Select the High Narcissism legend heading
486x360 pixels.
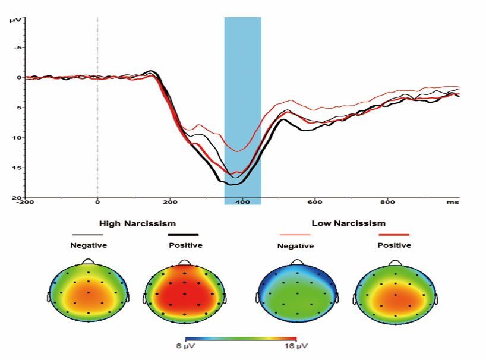point(137,224)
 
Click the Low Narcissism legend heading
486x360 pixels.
point(348,223)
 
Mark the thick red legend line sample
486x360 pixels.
point(394,235)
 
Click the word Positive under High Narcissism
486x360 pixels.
point(185,245)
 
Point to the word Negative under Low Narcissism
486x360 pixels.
point(296,246)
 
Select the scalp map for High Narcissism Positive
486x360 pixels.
point(184,292)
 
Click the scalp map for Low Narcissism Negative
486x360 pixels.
point(295,292)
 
